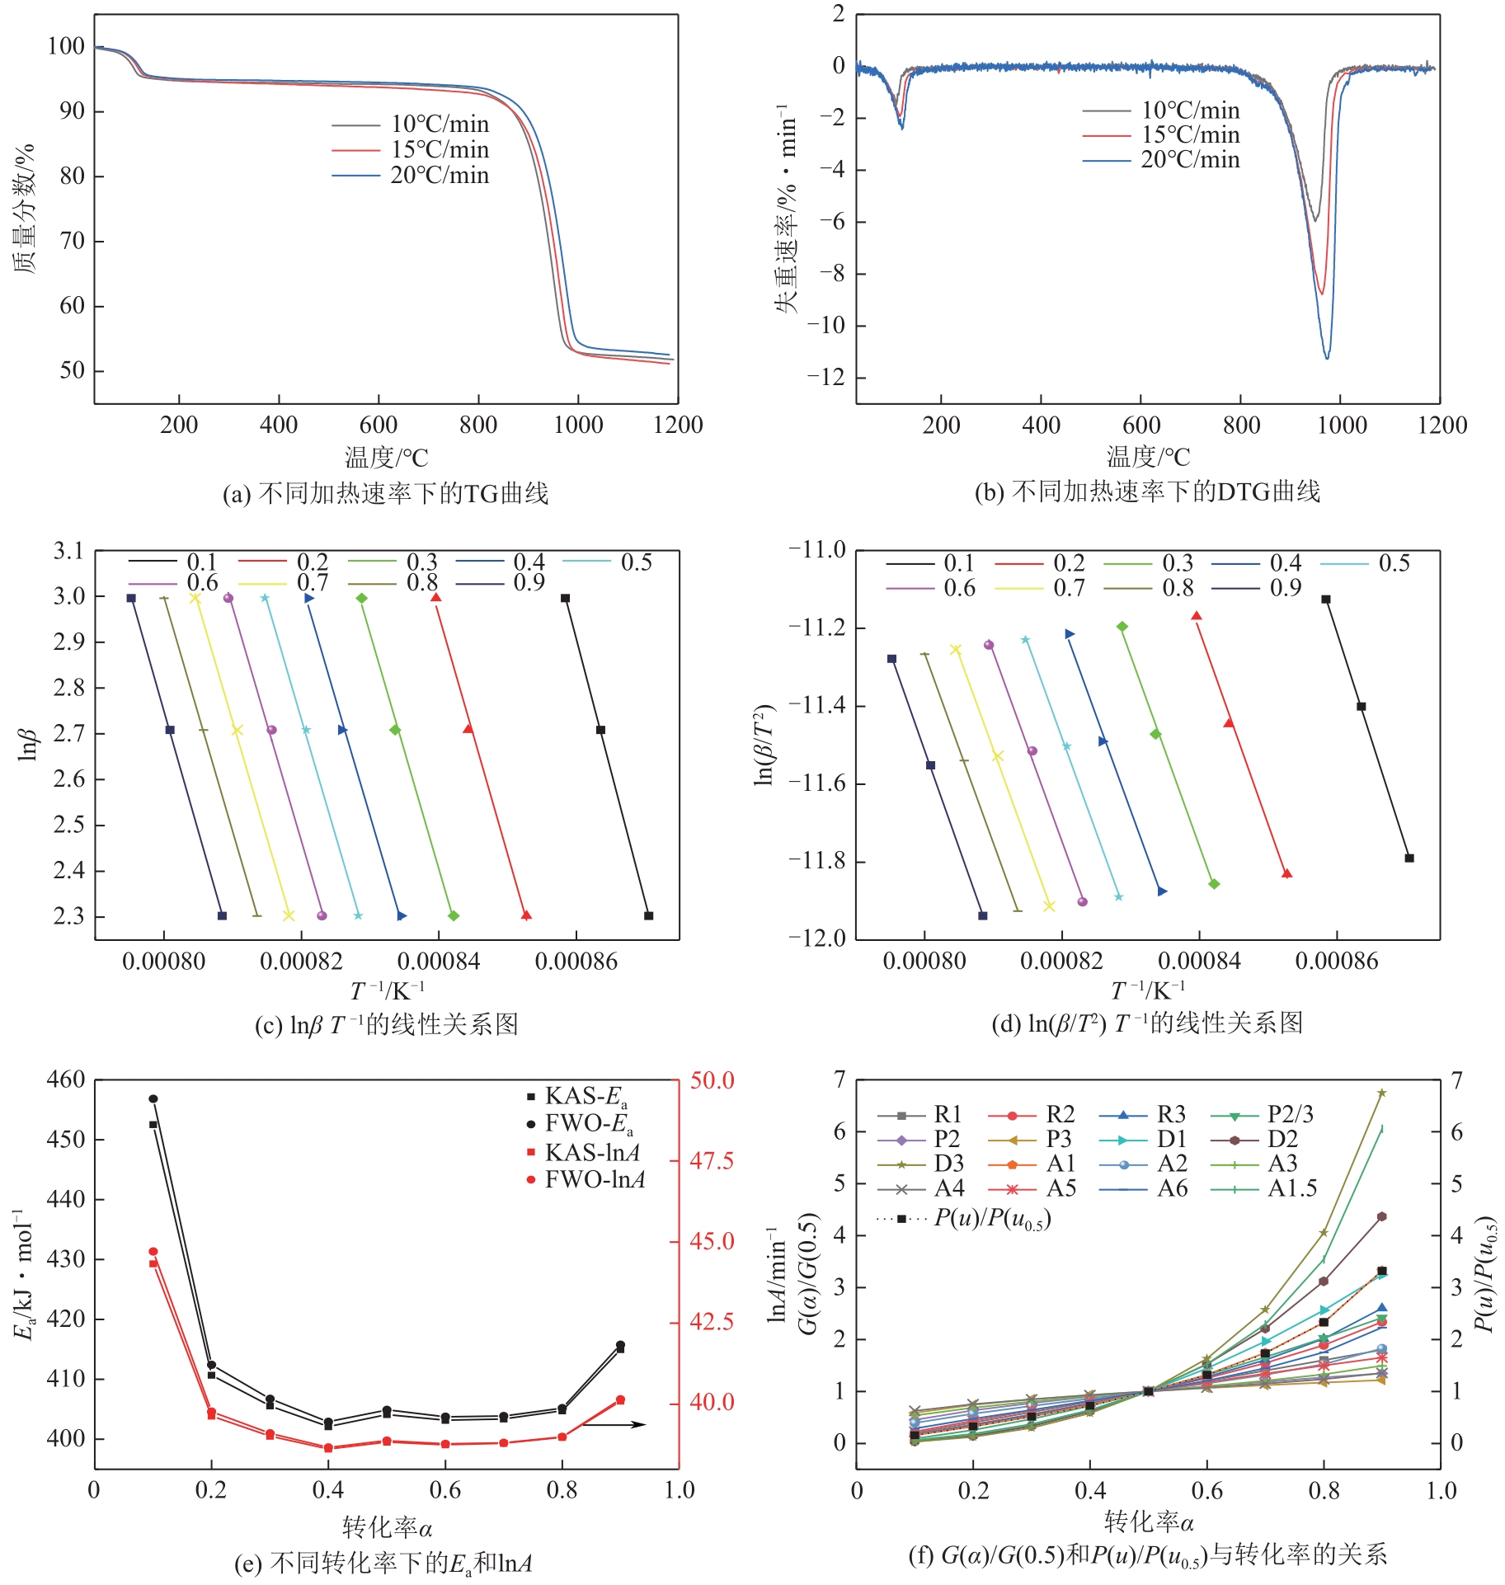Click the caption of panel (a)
(x=385, y=493)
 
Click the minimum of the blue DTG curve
(x=1327, y=358)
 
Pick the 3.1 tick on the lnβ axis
(x=68, y=551)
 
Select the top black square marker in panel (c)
(x=565, y=599)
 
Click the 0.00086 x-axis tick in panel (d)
(x=1336, y=961)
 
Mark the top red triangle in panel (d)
(x=1197, y=616)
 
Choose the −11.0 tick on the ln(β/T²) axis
(x=817, y=550)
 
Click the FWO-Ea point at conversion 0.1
(x=153, y=1099)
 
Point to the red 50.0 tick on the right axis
(x=712, y=1080)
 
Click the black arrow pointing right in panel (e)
(x=627, y=1424)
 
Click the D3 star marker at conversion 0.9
(x=1382, y=1094)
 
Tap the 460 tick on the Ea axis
(x=67, y=1079)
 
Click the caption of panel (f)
(x=1148, y=1554)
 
